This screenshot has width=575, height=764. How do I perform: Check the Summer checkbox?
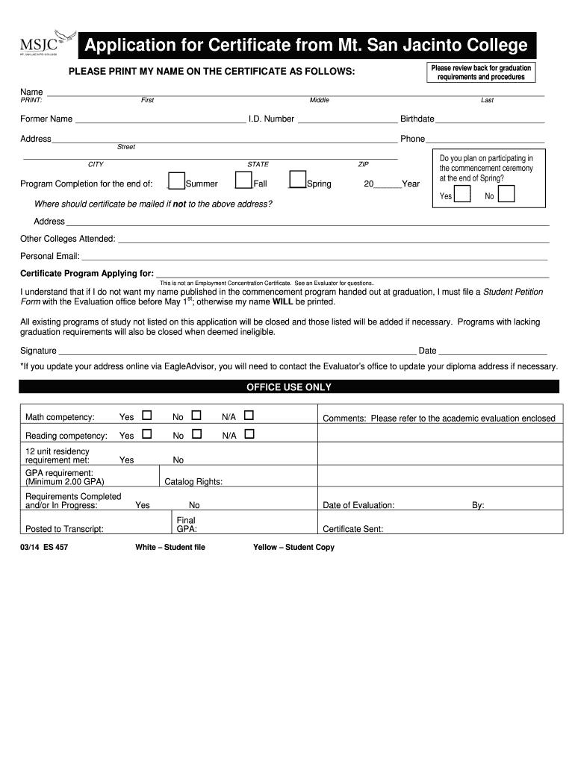pos(176,181)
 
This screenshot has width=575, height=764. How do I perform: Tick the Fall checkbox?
pos(243,181)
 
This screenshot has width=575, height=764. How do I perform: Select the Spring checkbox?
pos(297,181)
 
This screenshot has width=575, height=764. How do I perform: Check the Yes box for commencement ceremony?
pos(462,195)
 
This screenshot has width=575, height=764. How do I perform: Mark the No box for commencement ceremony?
pos(506,195)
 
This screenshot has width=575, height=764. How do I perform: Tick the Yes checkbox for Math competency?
pos(147,416)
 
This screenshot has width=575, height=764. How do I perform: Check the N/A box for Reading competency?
pos(249,433)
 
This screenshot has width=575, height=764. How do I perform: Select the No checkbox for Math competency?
pos(196,416)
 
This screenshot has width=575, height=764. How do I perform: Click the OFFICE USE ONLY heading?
pos(288,387)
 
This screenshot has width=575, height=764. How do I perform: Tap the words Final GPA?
pos(186,525)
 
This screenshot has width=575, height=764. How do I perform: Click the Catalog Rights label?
pos(193,482)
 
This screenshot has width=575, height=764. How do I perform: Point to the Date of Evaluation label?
pos(358,505)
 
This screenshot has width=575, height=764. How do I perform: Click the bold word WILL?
pos(283,302)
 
